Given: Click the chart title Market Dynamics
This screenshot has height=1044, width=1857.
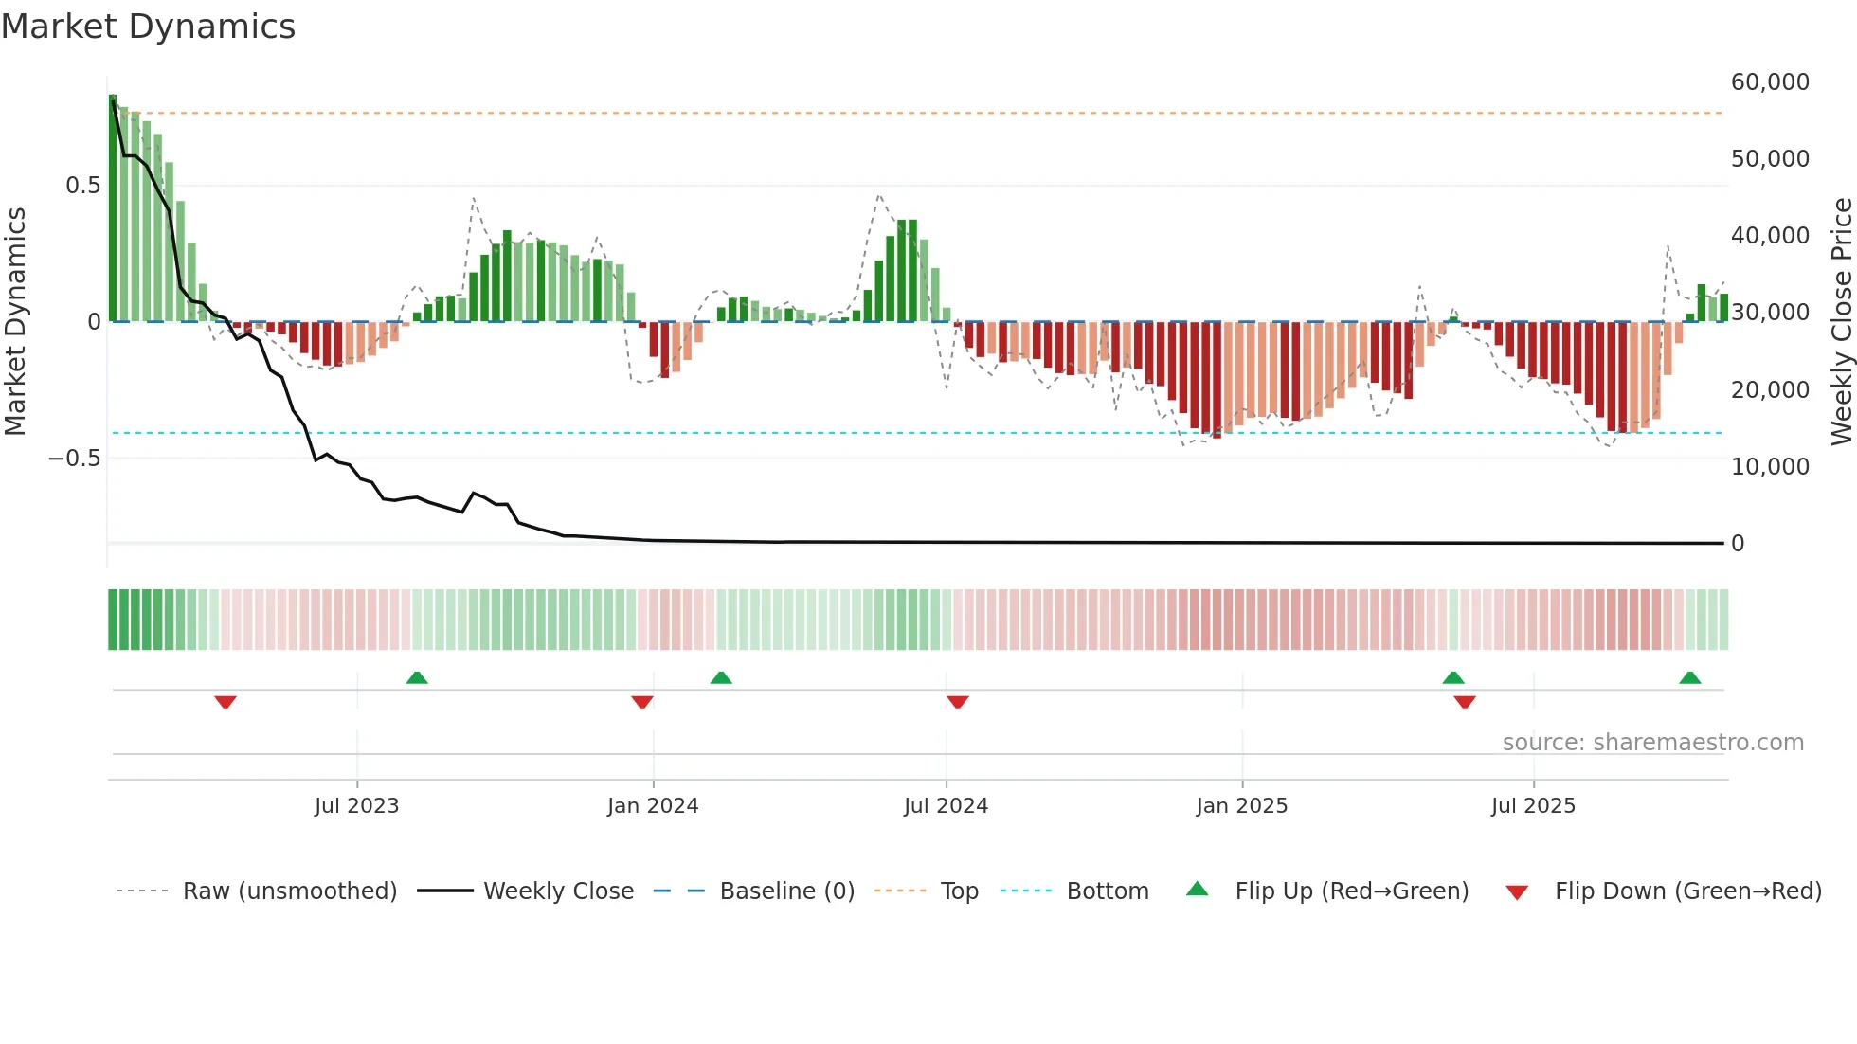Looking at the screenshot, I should click(149, 27).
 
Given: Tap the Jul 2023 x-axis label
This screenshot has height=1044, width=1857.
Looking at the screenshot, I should click(356, 806).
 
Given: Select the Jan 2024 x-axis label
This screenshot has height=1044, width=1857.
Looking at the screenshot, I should click(653, 806).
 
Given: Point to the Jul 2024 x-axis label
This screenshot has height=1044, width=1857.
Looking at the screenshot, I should click(946, 806).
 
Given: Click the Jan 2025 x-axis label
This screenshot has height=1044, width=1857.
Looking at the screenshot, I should click(1242, 806).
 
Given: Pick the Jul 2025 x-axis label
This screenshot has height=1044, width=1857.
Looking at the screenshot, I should click(1533, 806).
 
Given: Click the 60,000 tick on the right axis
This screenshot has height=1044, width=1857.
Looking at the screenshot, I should click(1770, 82).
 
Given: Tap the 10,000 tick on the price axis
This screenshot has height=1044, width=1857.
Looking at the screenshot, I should click(1770, 467).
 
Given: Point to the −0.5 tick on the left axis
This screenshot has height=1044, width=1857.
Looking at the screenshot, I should click(75, 459).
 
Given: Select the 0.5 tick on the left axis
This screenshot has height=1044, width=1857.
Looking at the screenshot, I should click(82, 186).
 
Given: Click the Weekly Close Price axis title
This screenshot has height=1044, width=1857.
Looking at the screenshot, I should click(1841, 321).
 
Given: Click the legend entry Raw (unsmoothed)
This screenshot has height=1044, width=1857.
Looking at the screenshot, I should click(290, 891).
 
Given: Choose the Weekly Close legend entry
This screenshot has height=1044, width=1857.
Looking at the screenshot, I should click(558, 891).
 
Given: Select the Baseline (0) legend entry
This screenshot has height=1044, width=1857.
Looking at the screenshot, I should click(786, 891).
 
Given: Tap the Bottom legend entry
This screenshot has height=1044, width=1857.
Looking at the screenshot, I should click(1107, 891).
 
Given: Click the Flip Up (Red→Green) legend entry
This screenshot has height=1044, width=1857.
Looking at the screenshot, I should click(1351, 891).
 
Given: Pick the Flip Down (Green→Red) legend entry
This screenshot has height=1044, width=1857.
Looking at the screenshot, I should click(1687, 891).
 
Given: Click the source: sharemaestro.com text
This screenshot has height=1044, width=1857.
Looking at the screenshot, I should click(1652, 743).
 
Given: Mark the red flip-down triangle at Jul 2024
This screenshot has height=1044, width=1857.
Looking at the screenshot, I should click(957, 702).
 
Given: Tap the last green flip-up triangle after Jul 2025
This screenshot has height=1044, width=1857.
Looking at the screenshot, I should click(1689, 677).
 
